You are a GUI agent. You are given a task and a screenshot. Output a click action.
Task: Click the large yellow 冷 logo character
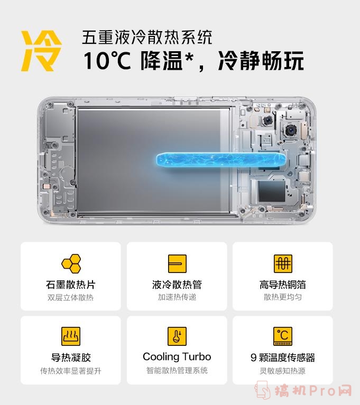tap(41, 51)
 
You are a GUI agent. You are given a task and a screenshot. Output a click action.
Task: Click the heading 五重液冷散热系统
tap(147, 37)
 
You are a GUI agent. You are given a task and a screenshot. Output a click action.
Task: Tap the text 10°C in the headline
tap(107, 60)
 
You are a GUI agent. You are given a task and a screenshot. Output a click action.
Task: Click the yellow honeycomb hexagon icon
tap(71, 263)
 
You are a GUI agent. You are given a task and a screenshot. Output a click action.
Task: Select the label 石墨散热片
tap(71, 285)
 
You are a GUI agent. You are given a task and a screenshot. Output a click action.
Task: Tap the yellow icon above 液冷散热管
tap(177, 263)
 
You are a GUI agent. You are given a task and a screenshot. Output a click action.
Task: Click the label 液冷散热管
tap(177, 285)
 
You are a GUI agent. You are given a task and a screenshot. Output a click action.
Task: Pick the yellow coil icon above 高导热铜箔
tap(283, 263)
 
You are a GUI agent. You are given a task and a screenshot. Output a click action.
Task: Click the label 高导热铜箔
tap(283, 285)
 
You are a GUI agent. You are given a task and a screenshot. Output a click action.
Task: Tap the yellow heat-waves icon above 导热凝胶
tap(71, 336)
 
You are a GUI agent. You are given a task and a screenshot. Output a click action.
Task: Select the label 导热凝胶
tap(71, 357)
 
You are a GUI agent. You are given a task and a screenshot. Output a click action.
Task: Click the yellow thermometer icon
tap(177, 336)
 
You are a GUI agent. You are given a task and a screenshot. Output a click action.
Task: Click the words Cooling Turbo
tap(177, 357)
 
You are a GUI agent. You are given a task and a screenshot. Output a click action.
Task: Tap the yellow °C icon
tap(283, 336)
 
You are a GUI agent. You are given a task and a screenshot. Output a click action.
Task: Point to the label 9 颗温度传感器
tap(283, 357)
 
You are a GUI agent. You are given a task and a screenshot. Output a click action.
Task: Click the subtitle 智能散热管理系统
tap(177, 370)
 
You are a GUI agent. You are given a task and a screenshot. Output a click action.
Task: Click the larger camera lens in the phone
tap(291, 130)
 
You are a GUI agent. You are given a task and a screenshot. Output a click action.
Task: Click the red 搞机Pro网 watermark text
tap(313, 391)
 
